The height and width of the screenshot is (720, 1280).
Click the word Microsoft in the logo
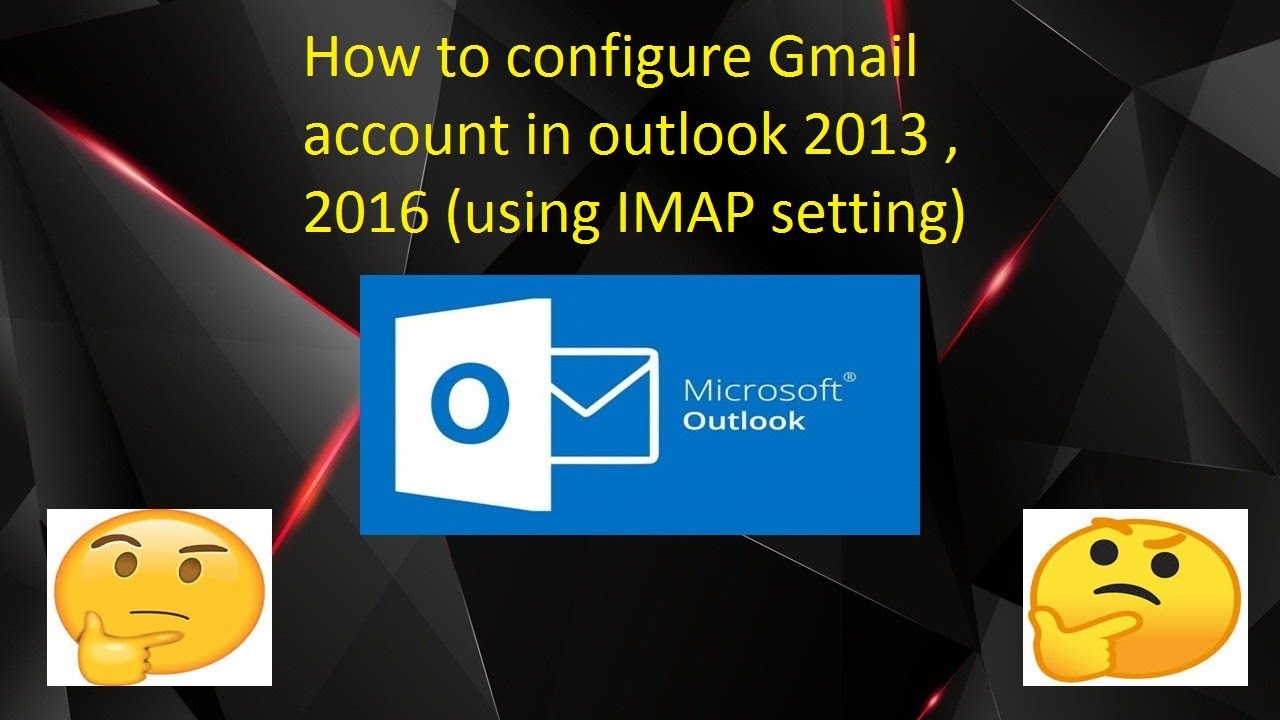point(763,390)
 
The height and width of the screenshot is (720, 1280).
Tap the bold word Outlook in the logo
point(743,420)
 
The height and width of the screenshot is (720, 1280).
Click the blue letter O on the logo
point(463,402)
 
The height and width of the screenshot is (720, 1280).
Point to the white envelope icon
point(605,404)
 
